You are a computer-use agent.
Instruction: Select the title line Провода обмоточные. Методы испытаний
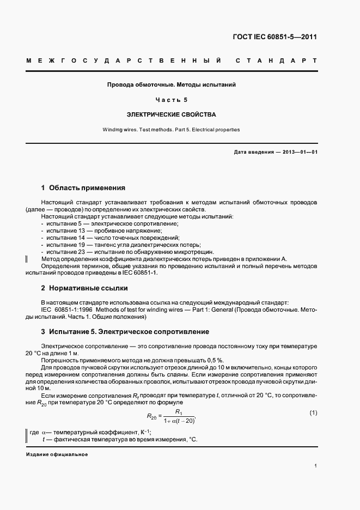(x=171, y=85)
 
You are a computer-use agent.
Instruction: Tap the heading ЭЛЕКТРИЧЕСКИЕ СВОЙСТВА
(x=171, y=115)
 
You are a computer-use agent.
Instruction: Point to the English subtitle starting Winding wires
(x=171, y=130)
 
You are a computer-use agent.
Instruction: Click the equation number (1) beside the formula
(x=313, y=413)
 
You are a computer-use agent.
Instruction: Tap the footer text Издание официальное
(x=57, y=454)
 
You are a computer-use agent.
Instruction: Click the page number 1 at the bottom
(x=316, y=466)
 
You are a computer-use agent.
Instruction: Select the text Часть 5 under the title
(x=171, y=100)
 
